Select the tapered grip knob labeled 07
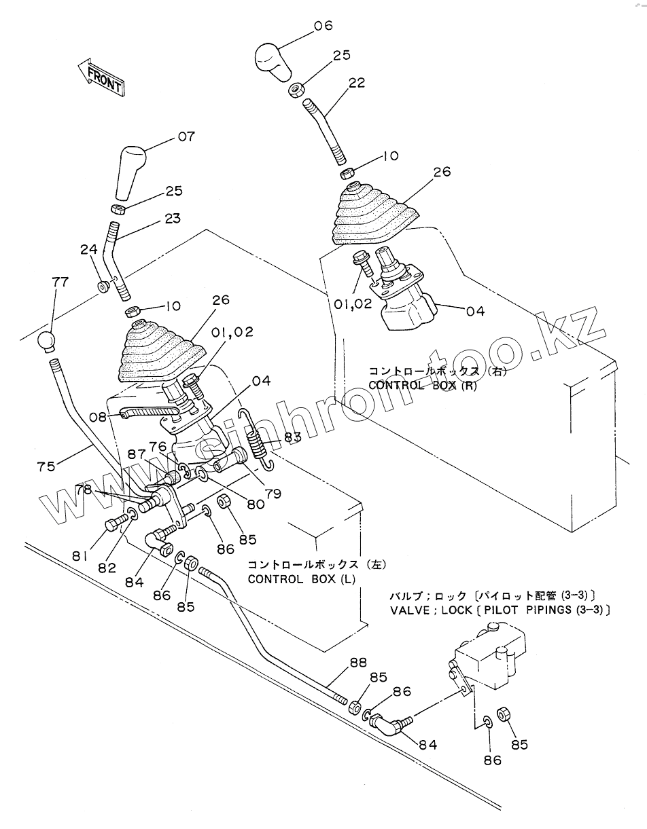tap(132, 167)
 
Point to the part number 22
tap(356, 83)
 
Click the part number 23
tap(173, 219)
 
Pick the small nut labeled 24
tap(103, 287)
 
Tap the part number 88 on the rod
tap(358, 662)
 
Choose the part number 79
tap(273, 494)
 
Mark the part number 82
tap(107, 568)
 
